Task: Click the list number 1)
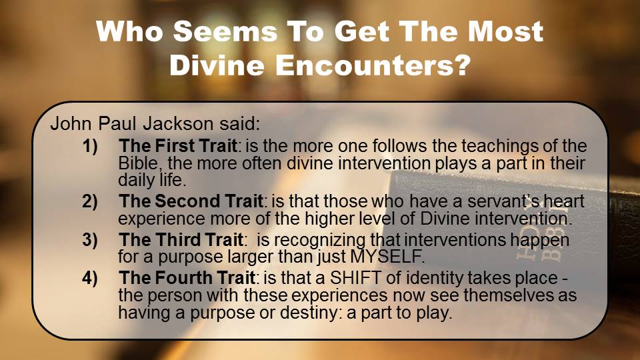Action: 90,146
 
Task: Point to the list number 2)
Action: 90,201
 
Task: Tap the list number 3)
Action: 90,239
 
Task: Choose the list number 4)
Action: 90,277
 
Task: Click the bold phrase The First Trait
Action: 178,146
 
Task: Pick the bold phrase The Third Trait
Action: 181,239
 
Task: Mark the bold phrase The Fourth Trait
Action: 187,277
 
